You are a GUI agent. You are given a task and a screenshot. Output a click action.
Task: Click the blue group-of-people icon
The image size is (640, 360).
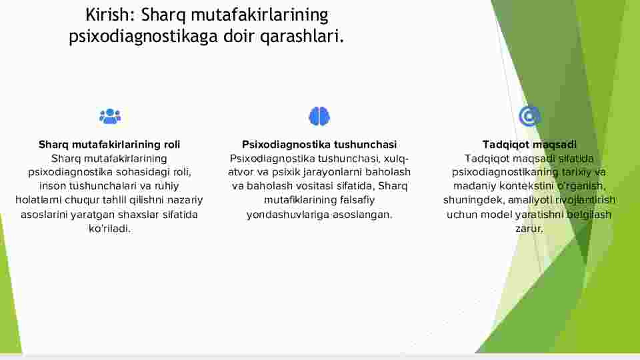[x=110, y=116]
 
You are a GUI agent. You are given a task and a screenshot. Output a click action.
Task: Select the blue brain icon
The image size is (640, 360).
[x=319, y=116]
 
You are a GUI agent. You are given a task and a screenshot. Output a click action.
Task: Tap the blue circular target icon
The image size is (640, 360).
[x=529, y=116]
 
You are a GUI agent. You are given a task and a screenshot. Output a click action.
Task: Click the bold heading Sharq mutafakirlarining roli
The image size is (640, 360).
[x=109, y=145]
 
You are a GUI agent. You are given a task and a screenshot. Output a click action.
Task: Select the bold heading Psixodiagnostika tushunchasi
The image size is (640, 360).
[x=319, y=145]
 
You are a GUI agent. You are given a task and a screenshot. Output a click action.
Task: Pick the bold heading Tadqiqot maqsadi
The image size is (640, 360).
[x=529, y=145]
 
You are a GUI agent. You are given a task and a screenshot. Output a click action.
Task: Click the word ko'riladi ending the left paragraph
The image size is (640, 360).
[x=109, y=229]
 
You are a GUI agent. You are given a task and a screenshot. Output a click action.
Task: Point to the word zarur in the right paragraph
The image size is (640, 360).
[x=529, y=229]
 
